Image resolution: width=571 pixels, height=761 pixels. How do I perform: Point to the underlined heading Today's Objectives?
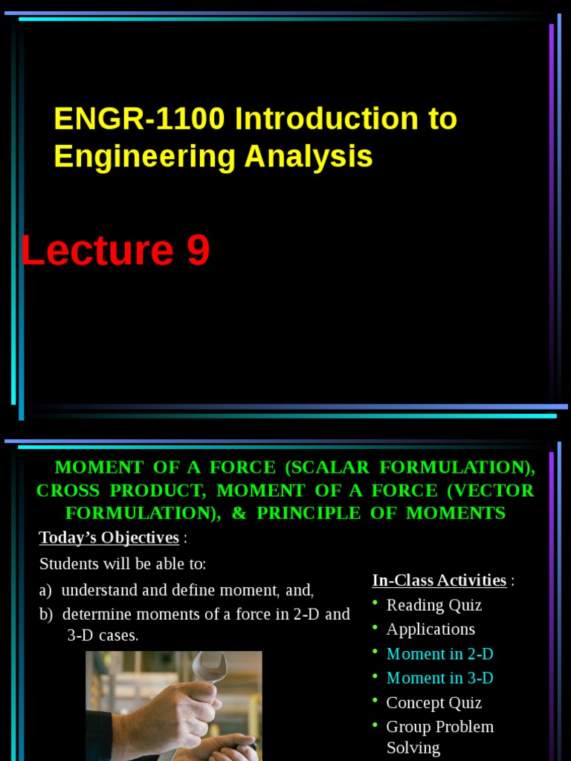tap(109, 537)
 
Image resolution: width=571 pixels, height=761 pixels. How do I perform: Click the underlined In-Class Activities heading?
tap(439, 580)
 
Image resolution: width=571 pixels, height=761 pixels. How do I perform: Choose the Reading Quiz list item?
tap(434, 605)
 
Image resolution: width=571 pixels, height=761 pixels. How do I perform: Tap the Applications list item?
tap(430, 629)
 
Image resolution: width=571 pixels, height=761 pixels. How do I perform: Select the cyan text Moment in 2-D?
tap(439, 654)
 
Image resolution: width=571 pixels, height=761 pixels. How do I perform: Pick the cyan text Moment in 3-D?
tap(439, 678)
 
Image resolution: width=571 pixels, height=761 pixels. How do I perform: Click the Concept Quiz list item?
tap(434, 702)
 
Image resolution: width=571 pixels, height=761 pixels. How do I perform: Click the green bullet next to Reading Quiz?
tap(376, 602)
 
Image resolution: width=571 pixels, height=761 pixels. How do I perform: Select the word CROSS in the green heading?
tap(63, 490)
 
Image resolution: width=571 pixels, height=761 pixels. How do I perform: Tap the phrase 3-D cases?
tap(103, 636)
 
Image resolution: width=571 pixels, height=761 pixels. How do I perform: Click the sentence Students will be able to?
tap(123, 564)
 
